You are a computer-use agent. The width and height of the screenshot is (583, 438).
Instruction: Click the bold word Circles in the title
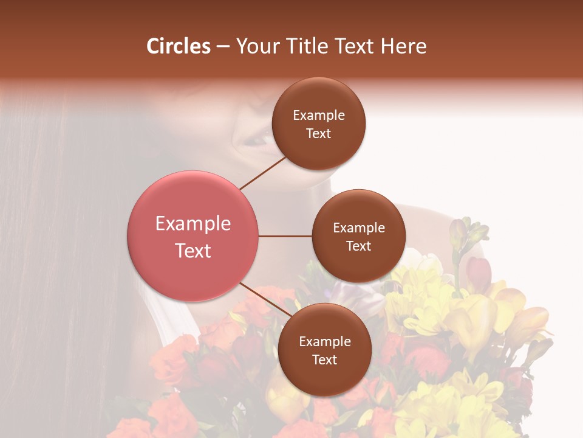coord(179,46)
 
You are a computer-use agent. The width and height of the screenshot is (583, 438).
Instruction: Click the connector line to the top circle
coord(263,172)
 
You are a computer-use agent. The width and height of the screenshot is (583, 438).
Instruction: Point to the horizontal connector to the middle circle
coord(285,236)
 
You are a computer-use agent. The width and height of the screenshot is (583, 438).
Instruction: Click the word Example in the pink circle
coord(193,224)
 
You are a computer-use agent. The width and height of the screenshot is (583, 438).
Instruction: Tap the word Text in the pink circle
coord(193,251)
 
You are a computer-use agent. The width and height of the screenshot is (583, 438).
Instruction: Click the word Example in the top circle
coord(319,116)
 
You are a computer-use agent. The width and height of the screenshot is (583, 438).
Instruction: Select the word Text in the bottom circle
coord(324,360)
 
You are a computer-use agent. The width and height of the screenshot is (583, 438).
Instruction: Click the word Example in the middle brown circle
coord(359,228)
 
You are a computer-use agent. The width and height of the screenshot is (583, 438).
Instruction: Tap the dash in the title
coord(222,47)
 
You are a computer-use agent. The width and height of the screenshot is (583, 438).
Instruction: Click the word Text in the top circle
coord(319,133)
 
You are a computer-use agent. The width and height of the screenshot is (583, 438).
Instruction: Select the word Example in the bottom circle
coord(325,342)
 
